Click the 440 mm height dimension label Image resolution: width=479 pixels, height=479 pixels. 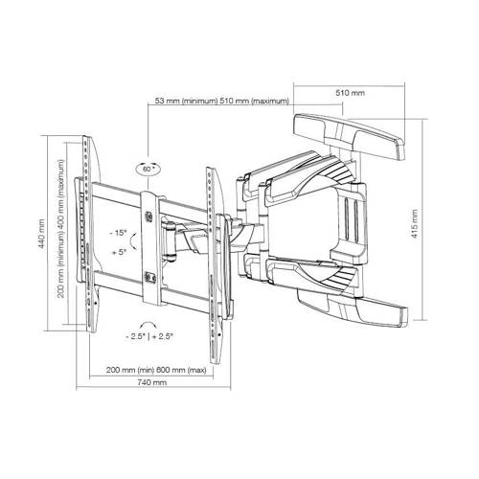pyautogui.click(x=42, y=235)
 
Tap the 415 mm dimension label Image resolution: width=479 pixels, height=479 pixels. pyautogui.click(x=415, y=223)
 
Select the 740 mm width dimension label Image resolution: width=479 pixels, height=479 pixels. pyautogui.click(x=152, y=382)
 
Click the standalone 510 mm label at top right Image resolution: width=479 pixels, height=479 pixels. pyautogui.click(x=350, y=93)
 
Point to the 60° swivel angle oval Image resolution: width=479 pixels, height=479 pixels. pyautogui.click(x=148, y=170)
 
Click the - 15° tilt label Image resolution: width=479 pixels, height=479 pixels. pyautogui.click(x=118, y=233)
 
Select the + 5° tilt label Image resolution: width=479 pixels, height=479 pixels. pyautogui.click(x=119, y=252)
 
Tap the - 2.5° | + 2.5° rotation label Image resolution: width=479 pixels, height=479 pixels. pyautogui.click(x=149, y=336)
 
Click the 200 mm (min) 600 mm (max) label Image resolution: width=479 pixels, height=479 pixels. pyautogui.click(x=156, y=370)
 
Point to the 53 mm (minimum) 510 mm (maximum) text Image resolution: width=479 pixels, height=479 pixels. pyautogui.click(x=222, y=102)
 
